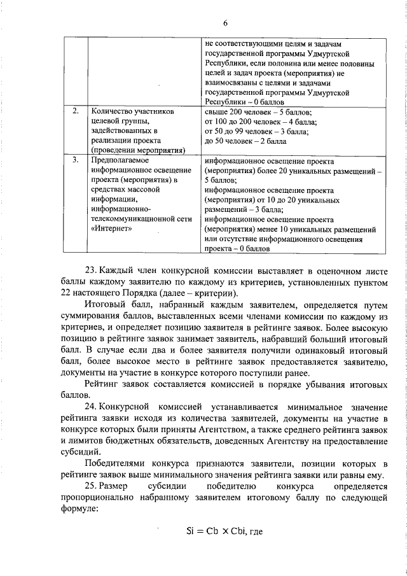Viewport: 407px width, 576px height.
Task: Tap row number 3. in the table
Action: [x=76, y=160]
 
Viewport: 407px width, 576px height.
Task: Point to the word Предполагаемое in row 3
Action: [x=122, y=160]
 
